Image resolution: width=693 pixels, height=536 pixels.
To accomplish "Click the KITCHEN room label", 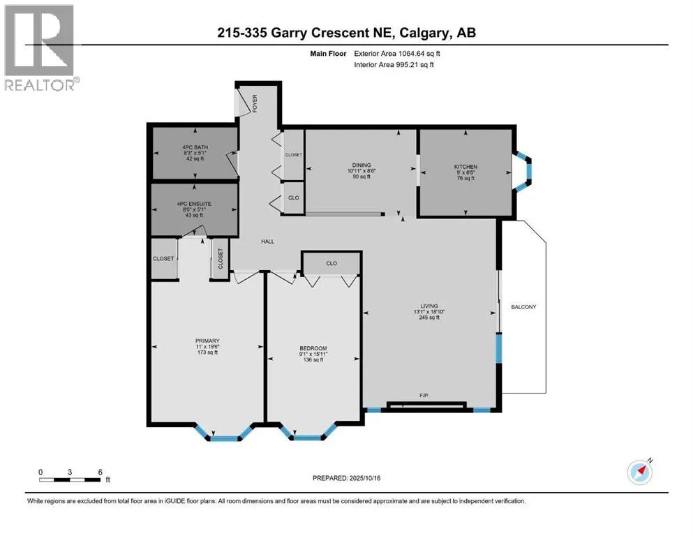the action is pos(465,167).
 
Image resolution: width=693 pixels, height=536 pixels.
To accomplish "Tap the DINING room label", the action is pos(362,165).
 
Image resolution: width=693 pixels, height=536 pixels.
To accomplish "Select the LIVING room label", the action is pos(429,306).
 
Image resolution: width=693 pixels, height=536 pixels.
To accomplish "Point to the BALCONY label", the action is pos(523,306).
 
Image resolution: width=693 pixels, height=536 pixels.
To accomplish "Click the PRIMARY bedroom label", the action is pos(207,341).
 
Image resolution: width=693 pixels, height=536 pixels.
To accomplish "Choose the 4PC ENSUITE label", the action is pos(194,204).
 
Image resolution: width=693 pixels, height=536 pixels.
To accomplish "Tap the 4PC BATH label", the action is pos(195,147).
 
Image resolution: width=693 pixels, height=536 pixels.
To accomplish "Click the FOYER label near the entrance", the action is pos(255,103).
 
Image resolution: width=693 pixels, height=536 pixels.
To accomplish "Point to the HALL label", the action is pos(268,241).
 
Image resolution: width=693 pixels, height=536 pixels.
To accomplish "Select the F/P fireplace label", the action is pos(424,396).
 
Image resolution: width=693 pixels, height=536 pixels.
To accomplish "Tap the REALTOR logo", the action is pos(40,47).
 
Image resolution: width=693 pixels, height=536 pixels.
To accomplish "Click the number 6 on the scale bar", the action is pos(100,472).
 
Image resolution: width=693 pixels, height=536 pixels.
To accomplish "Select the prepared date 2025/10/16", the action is pos(364,478).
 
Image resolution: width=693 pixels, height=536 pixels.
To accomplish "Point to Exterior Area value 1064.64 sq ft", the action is pos(419,54).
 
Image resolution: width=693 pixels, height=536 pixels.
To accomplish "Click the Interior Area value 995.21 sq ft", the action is pos(412,64).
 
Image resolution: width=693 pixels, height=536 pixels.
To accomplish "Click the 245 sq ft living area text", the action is pos(429,318).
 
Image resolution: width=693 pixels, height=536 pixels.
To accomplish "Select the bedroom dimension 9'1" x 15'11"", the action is pos(313,354).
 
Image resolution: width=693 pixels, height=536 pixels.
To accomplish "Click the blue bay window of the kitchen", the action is pos(524,172).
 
